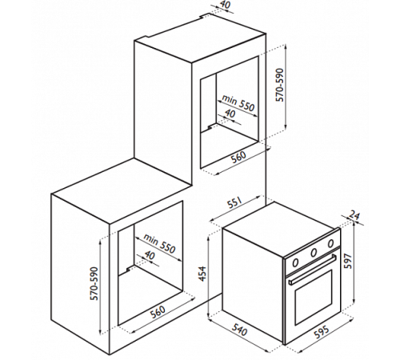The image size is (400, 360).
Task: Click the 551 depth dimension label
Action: [x=235, y=203]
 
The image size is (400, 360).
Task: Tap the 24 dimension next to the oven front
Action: [x=354, y=216]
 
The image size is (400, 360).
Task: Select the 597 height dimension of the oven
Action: [x=349, y=261]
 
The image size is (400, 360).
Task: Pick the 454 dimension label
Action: [x=203, y=274]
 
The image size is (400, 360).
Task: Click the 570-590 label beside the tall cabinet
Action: [x=280, y=85]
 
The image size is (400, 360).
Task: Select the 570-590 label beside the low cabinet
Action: [x=95, y=283]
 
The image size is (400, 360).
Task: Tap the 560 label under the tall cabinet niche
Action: [x=238, y=157]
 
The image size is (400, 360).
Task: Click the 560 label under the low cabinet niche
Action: [x=158, y=311]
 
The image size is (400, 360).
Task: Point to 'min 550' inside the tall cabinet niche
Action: [x=238, y=103]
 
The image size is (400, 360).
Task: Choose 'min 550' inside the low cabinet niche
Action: [x=159, y=243]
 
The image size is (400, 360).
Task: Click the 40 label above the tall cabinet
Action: [x=226, y=5]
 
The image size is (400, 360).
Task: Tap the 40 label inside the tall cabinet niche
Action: [x=230, y=114]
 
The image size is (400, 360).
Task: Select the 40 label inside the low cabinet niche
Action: [x=150, y=256]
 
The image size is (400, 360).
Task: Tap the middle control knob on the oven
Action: [x=314, y=251]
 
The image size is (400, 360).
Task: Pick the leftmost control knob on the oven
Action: [x=295, y=263]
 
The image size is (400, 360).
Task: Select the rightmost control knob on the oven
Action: [x=330, y=243]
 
